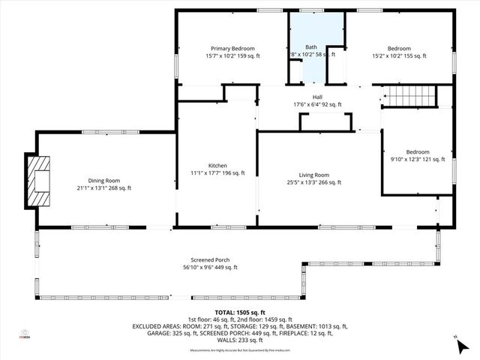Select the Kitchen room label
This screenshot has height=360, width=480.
[217, 166]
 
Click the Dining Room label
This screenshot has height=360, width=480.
[103, 181]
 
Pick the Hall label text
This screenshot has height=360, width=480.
[317, 97]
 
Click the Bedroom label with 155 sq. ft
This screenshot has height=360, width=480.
[399, 48]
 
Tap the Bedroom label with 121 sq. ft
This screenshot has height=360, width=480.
[418, 151]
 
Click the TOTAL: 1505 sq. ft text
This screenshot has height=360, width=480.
[240, 312]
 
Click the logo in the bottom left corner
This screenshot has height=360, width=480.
[25, 334]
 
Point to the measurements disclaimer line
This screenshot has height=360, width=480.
[240, 350]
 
